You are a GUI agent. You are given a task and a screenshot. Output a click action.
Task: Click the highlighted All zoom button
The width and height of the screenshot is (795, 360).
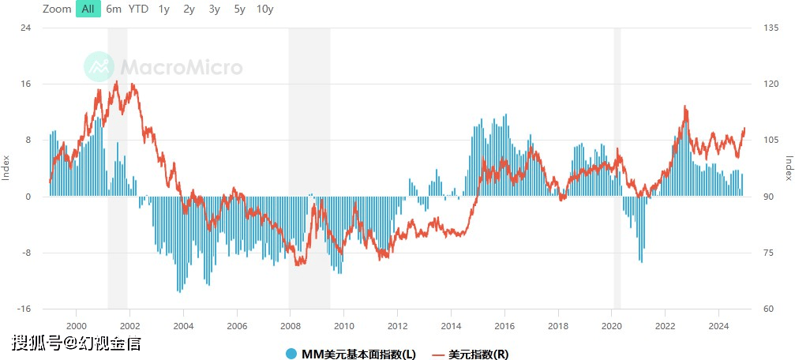click(88, 9)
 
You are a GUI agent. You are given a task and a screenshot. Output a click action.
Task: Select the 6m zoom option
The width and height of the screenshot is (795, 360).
click(114, 9)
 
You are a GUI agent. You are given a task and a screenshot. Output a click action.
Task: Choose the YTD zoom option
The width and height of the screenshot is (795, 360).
click(138, 9)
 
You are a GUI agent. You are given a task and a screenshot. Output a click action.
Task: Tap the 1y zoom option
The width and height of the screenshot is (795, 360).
click(163, 9)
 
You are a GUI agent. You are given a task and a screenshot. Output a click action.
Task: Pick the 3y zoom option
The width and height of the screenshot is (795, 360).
click(215, 9)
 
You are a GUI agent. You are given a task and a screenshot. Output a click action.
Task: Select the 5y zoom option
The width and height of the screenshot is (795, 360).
click(240, 9)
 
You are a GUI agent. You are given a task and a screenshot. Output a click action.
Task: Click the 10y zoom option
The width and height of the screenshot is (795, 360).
click(265, 9)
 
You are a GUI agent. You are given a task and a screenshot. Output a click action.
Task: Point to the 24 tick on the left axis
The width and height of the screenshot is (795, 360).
click(26, 28)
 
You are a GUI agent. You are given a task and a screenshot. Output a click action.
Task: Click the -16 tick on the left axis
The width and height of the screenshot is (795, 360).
click(24, 309)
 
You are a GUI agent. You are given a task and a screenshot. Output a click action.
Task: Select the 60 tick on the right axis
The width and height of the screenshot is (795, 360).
click(770, 309)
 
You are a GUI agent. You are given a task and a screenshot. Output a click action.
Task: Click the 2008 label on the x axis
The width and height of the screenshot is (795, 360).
click(290, 325)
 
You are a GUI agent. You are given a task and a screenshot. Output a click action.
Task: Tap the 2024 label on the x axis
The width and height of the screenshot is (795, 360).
click(718, 325)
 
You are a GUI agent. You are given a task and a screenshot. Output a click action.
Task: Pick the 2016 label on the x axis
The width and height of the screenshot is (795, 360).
click(504, 325)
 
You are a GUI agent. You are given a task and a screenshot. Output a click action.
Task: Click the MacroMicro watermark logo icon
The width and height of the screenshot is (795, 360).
click(99, 67)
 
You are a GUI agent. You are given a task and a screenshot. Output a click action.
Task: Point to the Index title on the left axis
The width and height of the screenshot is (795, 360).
click(6, 167)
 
